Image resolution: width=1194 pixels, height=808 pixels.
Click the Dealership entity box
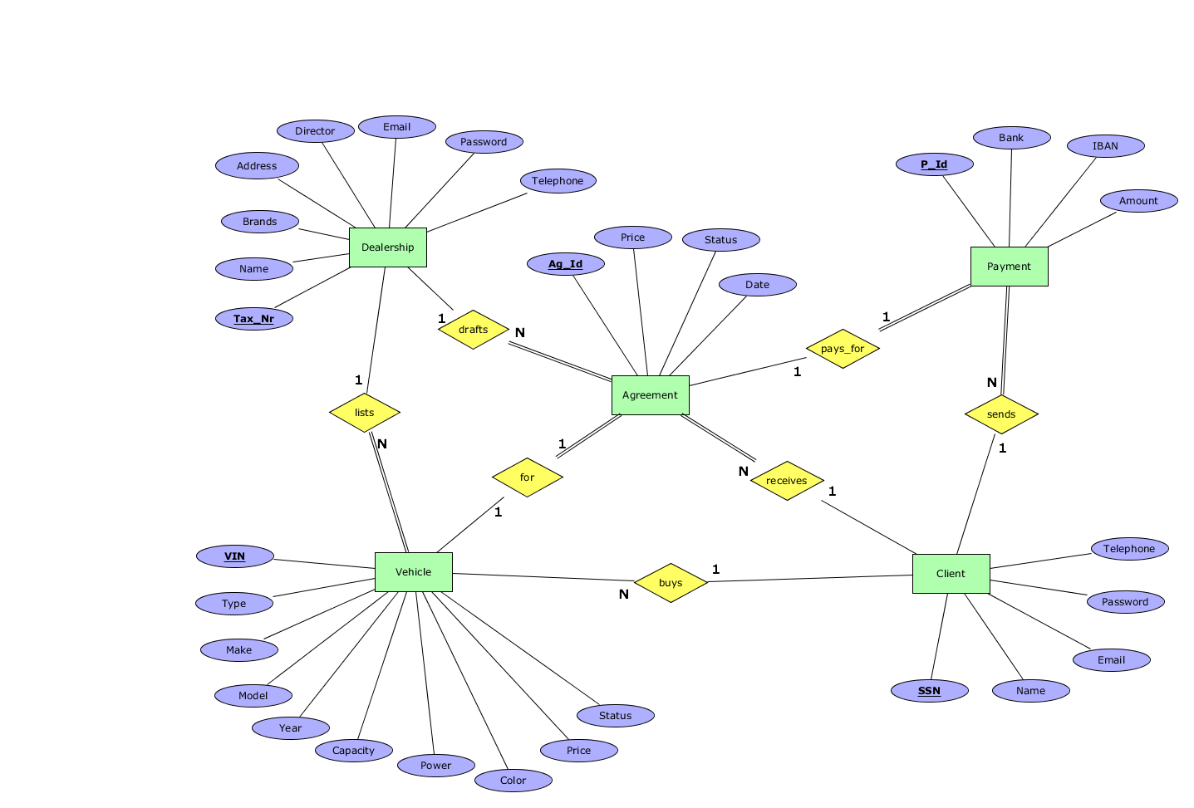(387, 247)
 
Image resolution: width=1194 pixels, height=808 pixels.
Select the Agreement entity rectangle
(650, 395)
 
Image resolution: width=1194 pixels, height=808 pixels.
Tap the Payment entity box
(1009, 267)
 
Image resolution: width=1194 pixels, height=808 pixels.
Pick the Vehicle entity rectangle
(413, 572)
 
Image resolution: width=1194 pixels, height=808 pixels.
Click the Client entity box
(951, 574)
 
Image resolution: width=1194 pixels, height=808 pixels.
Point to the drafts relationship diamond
(473, 330)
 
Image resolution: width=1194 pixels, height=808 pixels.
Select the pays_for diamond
(843, 349)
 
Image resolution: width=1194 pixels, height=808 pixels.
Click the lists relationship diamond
(364, 413)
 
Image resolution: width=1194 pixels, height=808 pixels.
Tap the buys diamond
(671, 583)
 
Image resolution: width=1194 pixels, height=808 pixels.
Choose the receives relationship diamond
(786, 481)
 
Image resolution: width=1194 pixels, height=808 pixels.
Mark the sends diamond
(1001, 414)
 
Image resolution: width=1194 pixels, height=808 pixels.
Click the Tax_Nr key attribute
(253, 319)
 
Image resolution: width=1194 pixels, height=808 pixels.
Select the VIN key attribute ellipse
(234, 556)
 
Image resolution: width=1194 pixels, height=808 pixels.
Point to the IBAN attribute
(1105, 146)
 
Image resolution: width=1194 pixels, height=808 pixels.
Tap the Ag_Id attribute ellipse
(565, 264)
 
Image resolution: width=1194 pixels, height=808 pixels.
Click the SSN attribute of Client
(929, 691)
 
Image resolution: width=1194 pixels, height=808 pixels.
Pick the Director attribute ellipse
(315, 131)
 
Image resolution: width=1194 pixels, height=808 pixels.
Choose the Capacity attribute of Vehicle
(353, 751)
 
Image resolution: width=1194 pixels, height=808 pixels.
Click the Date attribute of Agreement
(757, 285)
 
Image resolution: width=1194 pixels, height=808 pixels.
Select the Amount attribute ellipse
(1137, 201)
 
